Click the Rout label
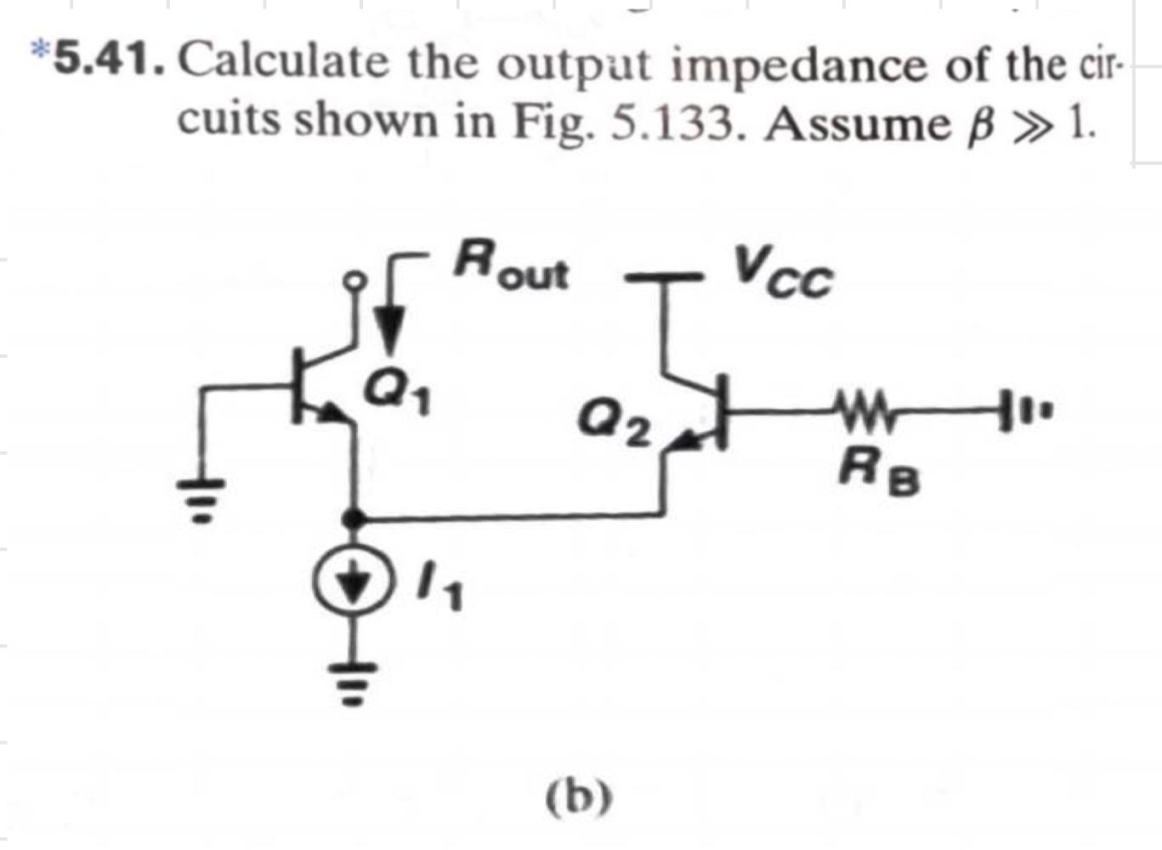pyautogui.click(x=510, y=267)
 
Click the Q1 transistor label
pyautogui.click(x=397, y=393)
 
